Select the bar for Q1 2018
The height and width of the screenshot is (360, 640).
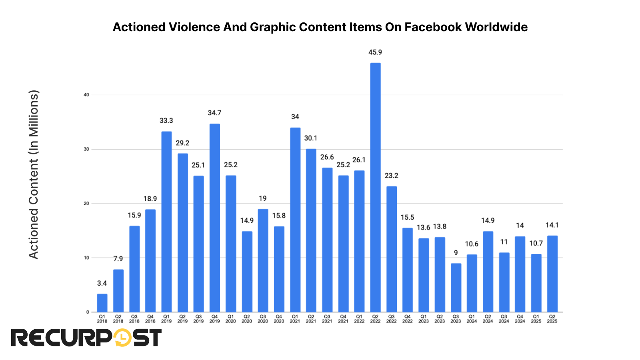[x=102, y=303]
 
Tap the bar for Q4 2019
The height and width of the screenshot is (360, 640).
[x=214, y=218]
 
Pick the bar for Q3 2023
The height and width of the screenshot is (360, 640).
[x=456, y=288]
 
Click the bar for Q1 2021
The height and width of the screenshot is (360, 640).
[x=295, y=220]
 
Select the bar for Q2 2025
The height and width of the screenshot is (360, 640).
[x=552, y=274]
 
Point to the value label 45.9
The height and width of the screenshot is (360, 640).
[x=375, y=52]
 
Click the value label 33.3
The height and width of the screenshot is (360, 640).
[x=166, y=121]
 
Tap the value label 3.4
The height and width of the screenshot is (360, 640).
[x=102, y=283]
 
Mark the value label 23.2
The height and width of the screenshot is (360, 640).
[x=391, y=176]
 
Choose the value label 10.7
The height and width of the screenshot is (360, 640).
[x=536, y=243]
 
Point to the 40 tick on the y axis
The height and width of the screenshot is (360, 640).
[x=87, y=95]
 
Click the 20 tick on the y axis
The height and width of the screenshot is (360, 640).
[x=87, y=204]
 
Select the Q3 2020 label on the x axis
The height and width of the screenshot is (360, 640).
[x=263, y=319]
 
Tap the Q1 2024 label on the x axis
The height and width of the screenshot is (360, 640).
[x=472, y=319]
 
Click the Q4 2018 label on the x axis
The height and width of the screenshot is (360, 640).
[x=150, y=319]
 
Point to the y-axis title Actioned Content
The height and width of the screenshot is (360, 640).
[x=34, y=174]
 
